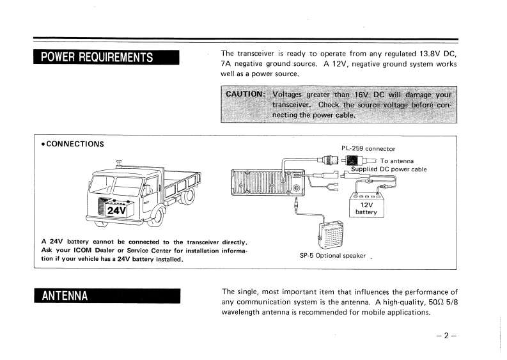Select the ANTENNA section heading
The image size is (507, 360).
(x=65, y=296)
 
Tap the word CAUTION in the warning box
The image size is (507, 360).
(x=245, y=93)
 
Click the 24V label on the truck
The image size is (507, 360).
(x=117, y=209)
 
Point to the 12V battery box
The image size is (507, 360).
(x=366, y=205)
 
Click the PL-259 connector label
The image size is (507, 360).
(x=368, y=149)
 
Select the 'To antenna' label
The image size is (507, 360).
(x=396, y=160)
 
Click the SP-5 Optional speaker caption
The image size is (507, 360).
(x=333, y=255)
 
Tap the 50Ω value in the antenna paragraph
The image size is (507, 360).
(x=418, y=302)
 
